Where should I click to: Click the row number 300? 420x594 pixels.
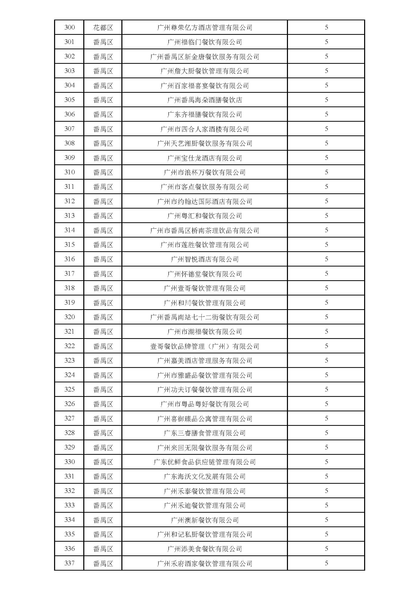69,27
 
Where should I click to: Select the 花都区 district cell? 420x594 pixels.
103,27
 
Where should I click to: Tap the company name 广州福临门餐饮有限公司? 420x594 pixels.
204,42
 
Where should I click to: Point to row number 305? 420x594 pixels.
69,100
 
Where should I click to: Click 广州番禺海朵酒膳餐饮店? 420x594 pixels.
204,100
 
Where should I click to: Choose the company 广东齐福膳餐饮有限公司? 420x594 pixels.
204,114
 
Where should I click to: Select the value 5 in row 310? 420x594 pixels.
326,172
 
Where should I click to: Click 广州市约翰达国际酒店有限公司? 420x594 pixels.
204,201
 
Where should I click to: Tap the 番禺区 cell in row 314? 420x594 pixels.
103,230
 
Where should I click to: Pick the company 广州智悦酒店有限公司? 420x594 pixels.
204,259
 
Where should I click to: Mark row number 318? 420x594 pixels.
69,288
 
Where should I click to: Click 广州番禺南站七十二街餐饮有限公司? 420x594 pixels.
204,317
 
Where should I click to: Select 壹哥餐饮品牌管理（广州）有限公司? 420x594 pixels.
204,346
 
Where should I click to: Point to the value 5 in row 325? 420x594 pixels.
326,390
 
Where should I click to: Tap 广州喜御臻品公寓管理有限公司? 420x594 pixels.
204,419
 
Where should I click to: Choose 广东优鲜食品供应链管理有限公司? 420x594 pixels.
204,462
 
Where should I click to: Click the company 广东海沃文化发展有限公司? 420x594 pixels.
204,477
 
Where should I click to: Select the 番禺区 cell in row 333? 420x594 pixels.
103,506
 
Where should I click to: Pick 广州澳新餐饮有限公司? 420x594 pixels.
204,520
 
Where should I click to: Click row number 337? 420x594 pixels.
69,564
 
